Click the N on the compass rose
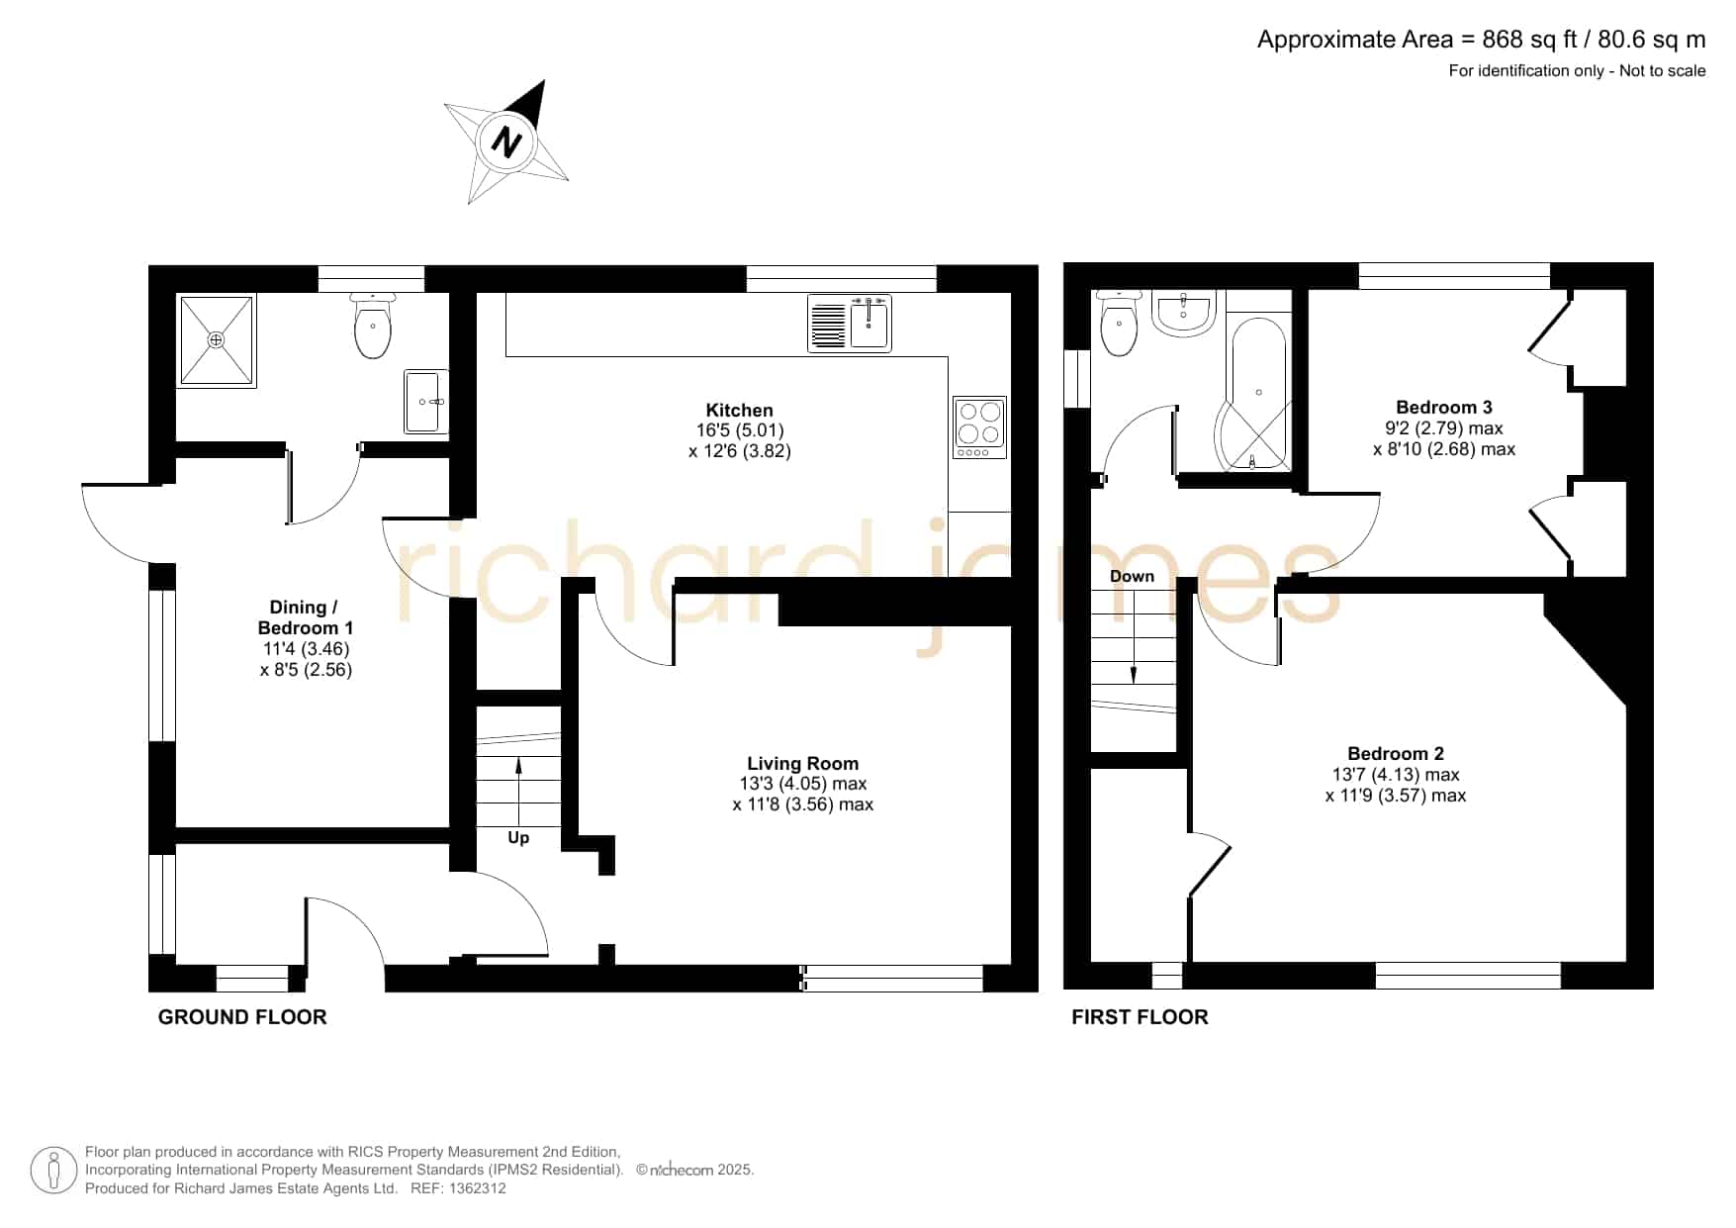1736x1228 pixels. point(507,142)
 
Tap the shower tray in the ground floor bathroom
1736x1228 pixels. point(217,339)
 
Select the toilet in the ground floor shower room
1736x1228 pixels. point(373,324)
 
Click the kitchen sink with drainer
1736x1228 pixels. point(850,323)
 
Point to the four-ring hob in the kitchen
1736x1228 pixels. point(979,427)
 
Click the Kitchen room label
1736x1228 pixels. point(740,410)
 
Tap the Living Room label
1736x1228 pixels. point(802,763)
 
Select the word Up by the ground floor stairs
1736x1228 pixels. point(518,838)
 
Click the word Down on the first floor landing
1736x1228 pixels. point(1132,576)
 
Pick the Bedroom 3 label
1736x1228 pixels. point(1444,407)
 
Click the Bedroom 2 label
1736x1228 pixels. point(1396,753)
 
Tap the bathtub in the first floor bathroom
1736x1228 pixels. point(1254,394)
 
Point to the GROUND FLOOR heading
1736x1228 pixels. point(242,1017)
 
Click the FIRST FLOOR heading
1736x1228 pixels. point(1140,1017)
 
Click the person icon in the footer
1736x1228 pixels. point(53,1171)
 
